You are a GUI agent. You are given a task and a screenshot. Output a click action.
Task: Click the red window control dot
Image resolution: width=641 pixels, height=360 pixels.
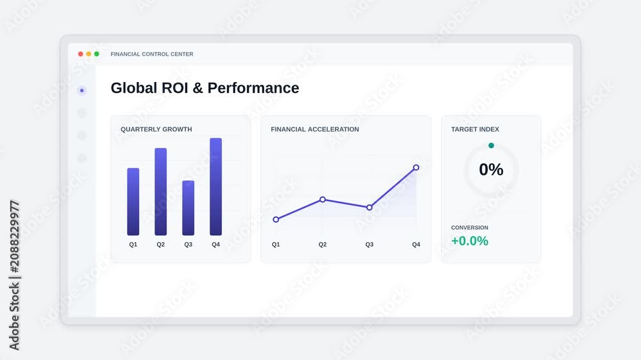point(81,54)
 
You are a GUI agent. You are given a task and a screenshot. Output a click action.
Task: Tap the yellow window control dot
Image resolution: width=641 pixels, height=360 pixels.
point(88,54)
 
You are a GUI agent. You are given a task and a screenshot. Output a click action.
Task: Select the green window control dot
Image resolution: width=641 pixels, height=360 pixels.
point(97,54)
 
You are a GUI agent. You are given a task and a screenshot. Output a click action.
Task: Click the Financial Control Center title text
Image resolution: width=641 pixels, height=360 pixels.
point(152,54)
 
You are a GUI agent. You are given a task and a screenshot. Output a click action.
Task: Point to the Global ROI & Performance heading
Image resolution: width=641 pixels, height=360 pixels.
point(205,88)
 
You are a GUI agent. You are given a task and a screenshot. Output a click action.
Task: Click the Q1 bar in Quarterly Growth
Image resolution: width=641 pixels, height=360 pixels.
point(133,201)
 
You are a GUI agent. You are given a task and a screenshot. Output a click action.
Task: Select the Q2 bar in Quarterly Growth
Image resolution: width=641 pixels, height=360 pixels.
point(161,192)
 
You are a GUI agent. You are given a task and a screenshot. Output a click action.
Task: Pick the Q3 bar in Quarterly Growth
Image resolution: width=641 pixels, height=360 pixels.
point(188,208)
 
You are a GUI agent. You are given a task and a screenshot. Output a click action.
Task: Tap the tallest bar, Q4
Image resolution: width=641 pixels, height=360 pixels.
point(216,187)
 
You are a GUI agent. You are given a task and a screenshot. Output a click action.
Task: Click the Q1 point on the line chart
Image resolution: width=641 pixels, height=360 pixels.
point(276,220)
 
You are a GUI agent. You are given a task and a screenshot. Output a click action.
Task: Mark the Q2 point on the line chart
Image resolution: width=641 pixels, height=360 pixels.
point(322,199)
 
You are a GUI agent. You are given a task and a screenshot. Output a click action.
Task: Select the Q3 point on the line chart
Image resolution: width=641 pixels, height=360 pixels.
point(369,208)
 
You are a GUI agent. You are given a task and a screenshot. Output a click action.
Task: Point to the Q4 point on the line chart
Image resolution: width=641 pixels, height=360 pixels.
point(416,168)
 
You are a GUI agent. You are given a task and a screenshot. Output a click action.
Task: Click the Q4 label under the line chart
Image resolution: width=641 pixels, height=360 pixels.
point(416,244)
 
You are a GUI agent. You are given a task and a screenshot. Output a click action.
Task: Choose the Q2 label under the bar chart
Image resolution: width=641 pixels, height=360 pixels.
point(161,244)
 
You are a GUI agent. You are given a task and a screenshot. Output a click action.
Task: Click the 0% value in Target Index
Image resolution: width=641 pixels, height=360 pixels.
point(491,170)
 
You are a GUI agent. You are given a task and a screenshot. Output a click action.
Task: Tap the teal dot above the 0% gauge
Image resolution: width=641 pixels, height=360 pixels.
point(491,145)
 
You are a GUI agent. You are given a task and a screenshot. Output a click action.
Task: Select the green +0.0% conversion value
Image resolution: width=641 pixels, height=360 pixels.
point(470,241)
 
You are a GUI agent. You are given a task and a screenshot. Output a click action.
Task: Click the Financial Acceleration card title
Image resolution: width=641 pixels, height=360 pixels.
point(315,129)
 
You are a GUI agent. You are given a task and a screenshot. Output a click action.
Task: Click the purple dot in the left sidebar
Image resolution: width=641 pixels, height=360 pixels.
point(82,90)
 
